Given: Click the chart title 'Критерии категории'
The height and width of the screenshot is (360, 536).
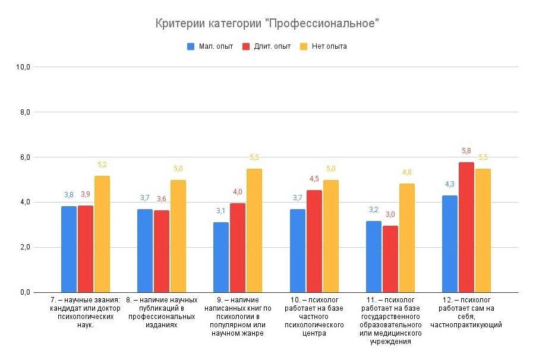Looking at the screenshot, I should [267, 24].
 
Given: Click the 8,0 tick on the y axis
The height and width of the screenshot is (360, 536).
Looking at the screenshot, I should [24, 112].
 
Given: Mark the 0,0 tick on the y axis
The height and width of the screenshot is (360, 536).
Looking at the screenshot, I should [24, 292].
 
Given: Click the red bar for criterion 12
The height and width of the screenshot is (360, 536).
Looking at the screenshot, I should [466, 227].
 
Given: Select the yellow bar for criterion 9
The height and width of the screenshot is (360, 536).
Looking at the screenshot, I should [254, 230].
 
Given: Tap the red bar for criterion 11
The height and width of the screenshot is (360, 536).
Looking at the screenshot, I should [390, 258].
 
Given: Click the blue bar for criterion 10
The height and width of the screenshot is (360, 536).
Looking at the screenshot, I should [297, 250].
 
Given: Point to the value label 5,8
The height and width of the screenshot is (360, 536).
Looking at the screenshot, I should [466, 151].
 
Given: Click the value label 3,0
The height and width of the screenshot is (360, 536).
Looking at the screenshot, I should [390, 214].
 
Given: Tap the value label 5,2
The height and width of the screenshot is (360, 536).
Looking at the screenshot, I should [102, 165].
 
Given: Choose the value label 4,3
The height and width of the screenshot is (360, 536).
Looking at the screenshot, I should [449, 184].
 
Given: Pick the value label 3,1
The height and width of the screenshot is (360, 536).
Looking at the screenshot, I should [221, 211].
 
